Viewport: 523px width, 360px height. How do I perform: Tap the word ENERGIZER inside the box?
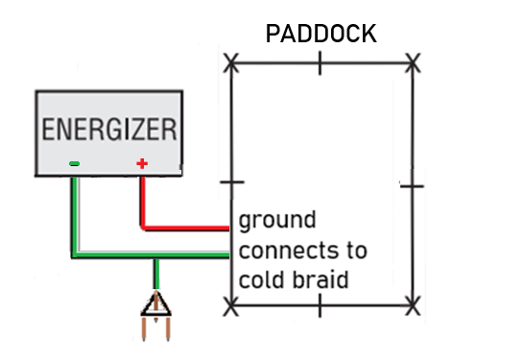(109, 129)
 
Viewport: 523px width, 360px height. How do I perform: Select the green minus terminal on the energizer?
(74, 164)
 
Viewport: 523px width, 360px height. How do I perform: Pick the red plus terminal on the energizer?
(142, 164)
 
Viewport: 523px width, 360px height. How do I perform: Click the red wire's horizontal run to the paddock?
(187, 229)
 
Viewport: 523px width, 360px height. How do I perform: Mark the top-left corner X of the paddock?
(230, 64)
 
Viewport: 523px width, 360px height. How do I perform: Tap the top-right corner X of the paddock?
(413, 64)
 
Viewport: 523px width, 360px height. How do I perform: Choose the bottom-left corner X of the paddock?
(230, 306)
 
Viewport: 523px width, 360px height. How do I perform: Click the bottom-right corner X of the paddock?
(413, 306)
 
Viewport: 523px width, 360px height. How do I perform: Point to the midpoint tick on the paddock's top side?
(321, 64)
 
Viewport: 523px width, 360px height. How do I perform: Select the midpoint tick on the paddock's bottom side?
(321, 306)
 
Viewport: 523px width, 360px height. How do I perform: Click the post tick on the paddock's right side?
(413, 182)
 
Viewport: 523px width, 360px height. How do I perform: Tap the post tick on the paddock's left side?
(230, 181)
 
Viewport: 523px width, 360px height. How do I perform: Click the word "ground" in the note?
(276, 223)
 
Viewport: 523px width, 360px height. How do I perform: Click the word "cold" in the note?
(260, 280)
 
